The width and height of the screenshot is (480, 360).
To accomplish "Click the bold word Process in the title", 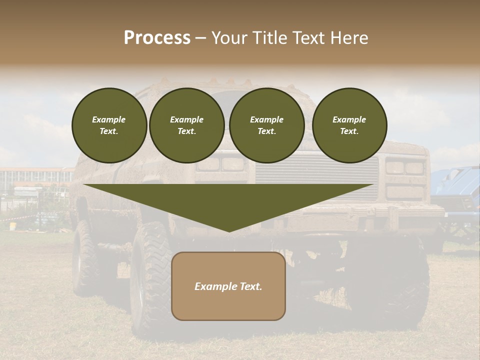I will [157, 38].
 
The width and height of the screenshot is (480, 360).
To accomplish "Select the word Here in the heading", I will [350, 38].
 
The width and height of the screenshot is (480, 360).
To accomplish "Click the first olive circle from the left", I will [109, 125].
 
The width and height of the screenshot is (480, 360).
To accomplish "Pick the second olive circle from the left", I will [186, 125].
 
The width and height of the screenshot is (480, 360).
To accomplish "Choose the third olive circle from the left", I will [266, 125].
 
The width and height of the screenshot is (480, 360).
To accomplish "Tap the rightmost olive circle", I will [349, 125].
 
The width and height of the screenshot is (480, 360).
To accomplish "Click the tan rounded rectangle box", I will [228, 286].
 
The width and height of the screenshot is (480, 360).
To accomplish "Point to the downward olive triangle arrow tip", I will [228, 230].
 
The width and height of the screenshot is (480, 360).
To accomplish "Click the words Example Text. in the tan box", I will [228, 286].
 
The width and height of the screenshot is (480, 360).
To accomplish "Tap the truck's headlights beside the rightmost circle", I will [405, 167].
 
